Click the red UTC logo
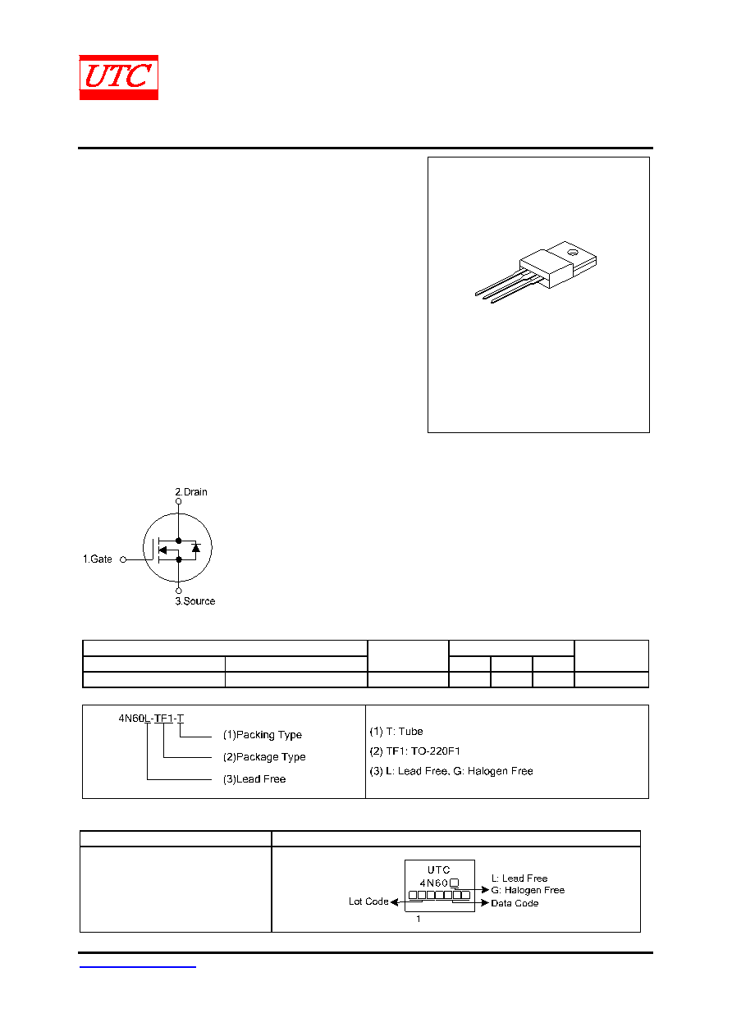[118, 77]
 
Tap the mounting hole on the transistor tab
[572, 252]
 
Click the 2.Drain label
[191, 491]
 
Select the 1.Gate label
[97, 559]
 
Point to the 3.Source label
[194, 600]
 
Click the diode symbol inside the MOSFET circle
[196, 548]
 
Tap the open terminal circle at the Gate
[123, 559]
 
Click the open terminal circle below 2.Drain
[178, 501]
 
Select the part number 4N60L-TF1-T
[151, 719]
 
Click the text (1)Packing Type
[263, 734]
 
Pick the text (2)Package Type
[264, 756]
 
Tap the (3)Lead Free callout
[254, 779]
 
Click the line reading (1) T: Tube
[396, 731]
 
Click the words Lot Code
[368, 901]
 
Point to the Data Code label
[515, 903]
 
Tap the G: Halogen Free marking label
[528, 890]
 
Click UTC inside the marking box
[439, 870]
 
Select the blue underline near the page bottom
[137, 967]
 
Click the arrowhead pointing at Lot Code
[394, 901]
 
